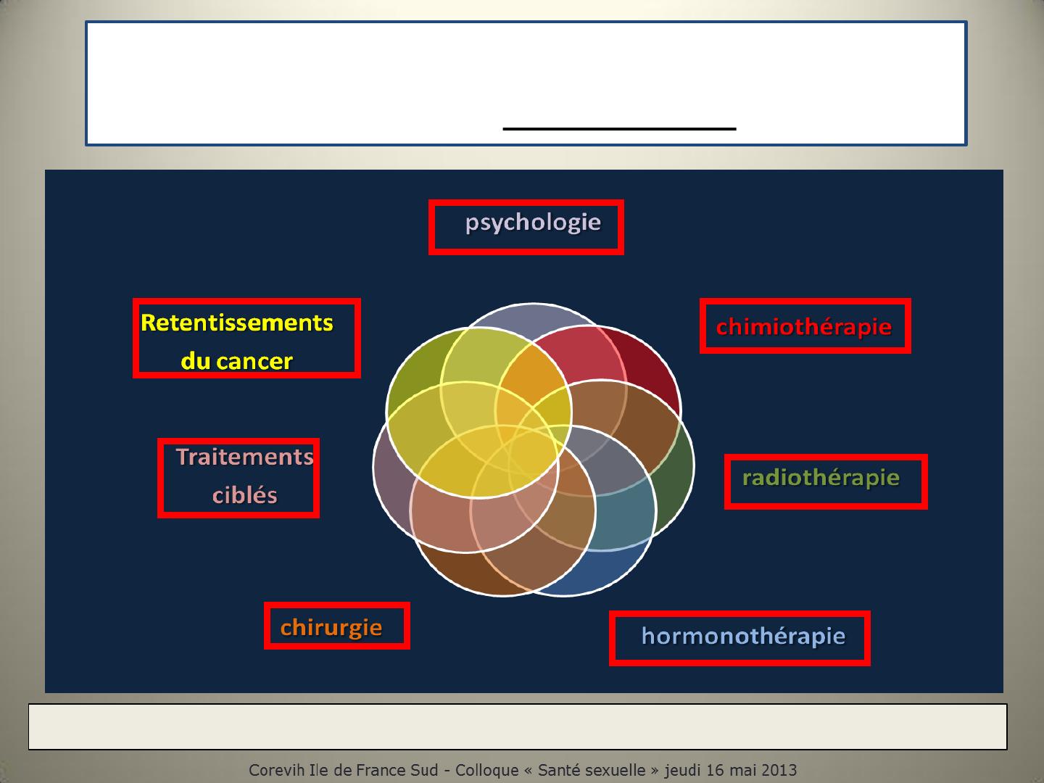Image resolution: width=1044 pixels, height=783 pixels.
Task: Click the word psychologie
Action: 533,223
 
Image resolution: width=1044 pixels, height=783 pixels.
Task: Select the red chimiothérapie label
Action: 804,327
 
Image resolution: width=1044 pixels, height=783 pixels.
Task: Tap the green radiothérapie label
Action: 821,478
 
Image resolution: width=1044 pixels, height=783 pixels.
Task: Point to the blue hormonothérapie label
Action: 743,636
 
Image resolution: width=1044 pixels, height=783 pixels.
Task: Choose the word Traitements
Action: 245,457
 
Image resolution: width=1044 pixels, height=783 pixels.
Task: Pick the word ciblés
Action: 244,495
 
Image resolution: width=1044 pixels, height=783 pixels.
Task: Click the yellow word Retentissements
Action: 237,323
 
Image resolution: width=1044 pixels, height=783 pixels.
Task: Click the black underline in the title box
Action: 619,128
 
